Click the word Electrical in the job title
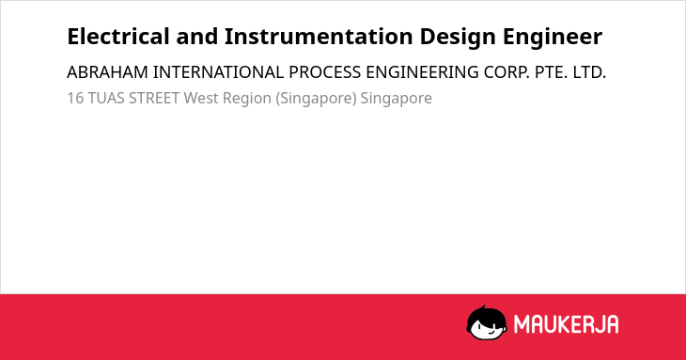coord(118,37)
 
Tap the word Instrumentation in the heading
coord(319,37)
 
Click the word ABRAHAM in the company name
coord(107,72)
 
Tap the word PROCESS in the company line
coord(324,72)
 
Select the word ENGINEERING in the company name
coord(422,72)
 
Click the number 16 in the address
coord(75,98)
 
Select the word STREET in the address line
coord(154,98)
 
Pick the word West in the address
coord(201,98)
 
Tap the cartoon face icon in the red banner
coord(487,323)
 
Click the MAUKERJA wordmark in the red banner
coord(566,324)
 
